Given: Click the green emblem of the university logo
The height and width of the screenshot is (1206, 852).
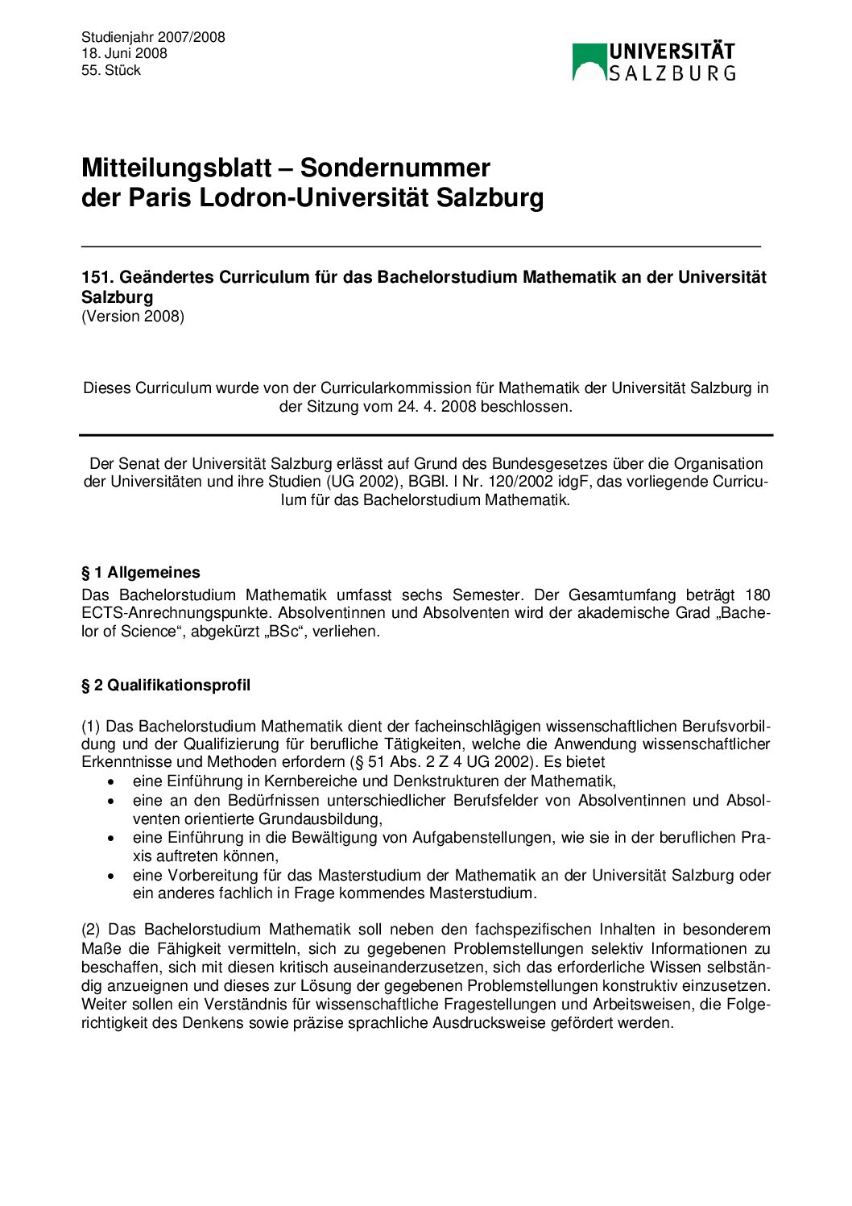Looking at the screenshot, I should tap(589, 62).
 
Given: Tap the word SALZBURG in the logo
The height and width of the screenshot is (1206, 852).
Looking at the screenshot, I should tap(672, 73).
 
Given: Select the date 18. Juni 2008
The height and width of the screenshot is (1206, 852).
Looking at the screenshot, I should tap(124, 53).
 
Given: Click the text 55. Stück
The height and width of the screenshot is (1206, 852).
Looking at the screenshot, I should tap(111, 70).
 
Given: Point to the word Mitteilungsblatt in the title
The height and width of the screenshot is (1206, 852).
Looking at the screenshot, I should tap(176, 168).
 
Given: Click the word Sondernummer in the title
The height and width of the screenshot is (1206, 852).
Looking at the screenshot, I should tap(395, 168).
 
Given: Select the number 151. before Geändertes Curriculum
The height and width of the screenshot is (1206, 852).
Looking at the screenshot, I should tap(97, 277).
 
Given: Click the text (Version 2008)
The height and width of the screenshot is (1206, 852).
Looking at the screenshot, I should tap(133, 316).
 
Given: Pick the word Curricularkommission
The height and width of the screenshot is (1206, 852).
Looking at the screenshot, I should tap(407, 387).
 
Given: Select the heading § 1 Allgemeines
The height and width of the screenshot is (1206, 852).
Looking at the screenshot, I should tap(141, 573).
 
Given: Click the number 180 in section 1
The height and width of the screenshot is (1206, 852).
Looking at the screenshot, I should tap(757, 595).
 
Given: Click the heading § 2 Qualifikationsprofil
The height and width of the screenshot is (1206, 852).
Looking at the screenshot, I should tap(166, 685).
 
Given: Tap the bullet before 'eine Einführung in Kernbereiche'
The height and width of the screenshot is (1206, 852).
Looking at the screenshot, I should tap(111, 781).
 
